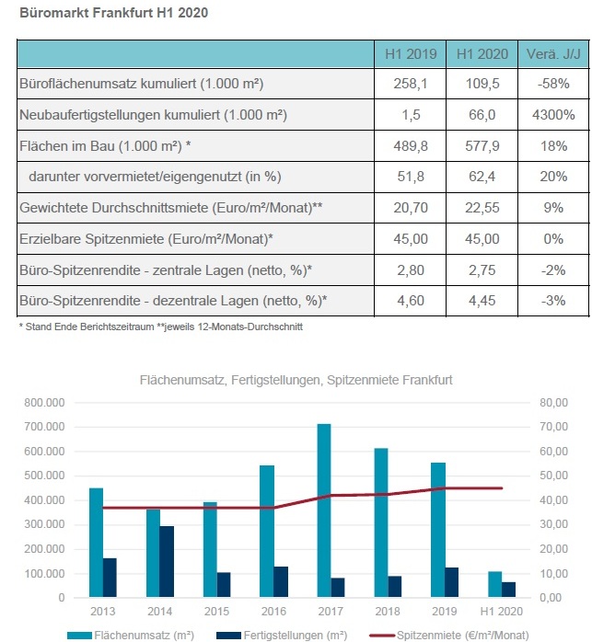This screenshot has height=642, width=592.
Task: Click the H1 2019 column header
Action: click(x=411, y=54)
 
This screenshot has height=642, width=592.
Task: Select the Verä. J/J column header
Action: click(x=553, y=54)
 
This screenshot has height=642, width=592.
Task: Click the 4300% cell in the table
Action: click(x=553, y=115)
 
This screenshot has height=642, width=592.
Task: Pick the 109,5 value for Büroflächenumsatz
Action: click(x=482, y=84)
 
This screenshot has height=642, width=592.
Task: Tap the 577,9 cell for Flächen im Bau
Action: click(x=482, y=145)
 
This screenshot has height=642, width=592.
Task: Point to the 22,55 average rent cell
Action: click(x=482, y=208)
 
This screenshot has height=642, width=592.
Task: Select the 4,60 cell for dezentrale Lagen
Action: click(x=411, y=301)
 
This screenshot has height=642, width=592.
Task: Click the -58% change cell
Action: click(x=553, y=84)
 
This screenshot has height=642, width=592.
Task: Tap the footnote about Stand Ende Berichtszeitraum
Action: click(x=161, y=327)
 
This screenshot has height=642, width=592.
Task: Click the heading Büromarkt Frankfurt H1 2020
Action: click(x=113, y=12)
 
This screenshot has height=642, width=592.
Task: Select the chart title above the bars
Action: click(x=296, y=380)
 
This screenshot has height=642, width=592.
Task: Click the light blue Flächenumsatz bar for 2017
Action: click(x=324, y=510)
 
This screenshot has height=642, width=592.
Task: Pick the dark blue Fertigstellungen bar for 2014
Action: click(x=167, y=562)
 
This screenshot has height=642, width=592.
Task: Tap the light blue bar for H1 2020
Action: click(x=494, y=584)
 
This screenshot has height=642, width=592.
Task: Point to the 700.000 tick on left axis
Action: click(x=44, y=427)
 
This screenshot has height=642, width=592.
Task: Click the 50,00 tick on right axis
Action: click(x=553, y=476)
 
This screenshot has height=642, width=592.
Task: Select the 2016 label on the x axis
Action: click(x=273, y=612)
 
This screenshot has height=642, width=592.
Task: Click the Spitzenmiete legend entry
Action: click(x=449, y=636)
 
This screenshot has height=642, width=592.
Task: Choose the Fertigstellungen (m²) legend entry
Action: click(x=282, y=636)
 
